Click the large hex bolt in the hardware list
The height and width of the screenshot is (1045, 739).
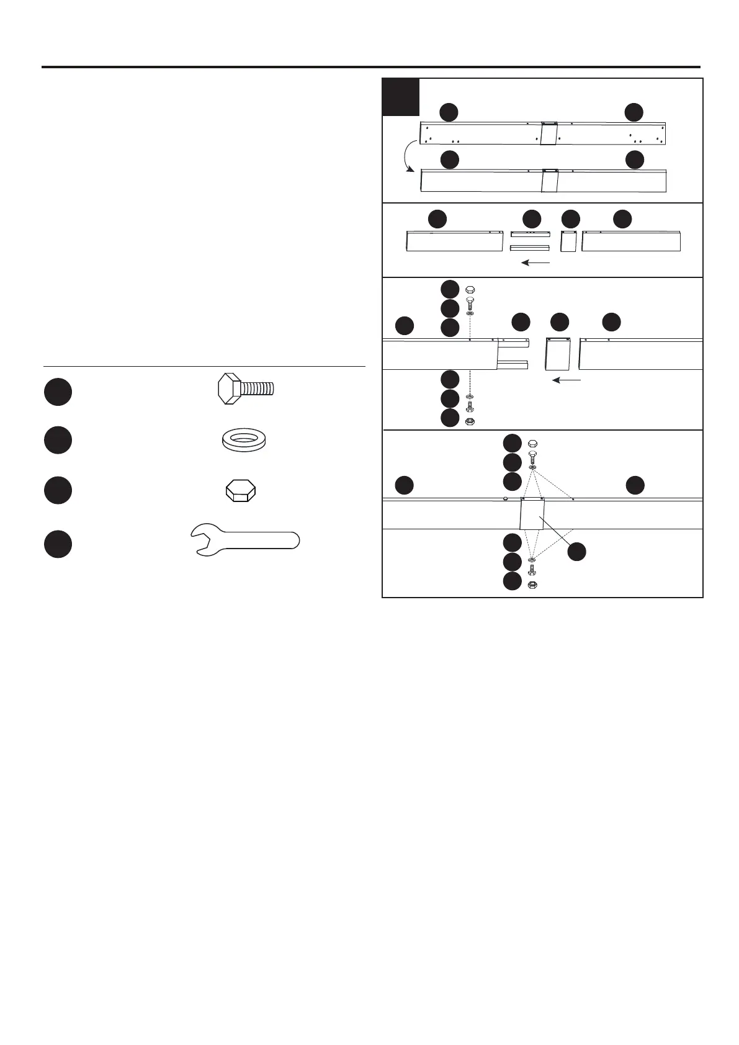(246, 389)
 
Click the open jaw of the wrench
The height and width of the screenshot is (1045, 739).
(200, 537)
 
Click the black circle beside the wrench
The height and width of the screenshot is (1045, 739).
(58, 544)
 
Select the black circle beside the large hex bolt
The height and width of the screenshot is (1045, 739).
(58, 393)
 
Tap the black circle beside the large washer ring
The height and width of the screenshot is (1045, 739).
(58, 440)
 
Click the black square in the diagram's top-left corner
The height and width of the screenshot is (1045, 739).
(401, 97)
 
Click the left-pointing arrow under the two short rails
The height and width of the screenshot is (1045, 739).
(535, 263)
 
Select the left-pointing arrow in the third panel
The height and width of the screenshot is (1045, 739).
(567, 379)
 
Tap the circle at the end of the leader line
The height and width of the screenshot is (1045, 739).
(577, 551)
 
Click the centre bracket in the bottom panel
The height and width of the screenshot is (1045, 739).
(532, 514)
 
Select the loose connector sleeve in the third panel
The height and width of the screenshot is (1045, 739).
(558, 354)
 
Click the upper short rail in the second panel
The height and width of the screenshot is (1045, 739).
(530, 235)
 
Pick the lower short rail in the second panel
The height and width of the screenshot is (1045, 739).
(530, 248)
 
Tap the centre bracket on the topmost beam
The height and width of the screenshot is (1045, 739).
(549, 133)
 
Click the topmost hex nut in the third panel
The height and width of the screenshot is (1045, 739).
(470, 289)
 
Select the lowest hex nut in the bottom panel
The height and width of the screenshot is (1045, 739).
(532, 585)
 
